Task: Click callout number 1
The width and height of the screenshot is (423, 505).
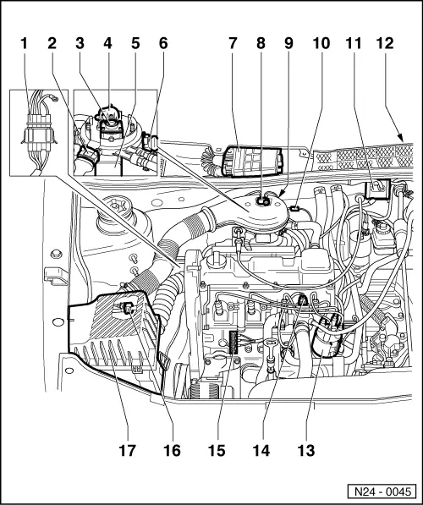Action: pos(24,43)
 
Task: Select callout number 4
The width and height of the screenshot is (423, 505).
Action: pos(107,43)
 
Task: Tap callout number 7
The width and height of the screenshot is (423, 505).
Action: pos(233,43)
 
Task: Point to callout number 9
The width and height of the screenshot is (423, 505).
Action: pos(288,43)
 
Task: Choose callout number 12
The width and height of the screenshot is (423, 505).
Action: pos(385,43)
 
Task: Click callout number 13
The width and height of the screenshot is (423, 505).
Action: pos(305,450)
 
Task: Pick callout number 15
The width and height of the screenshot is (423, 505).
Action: pos(217,450)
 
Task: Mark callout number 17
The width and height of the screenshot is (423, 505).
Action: pos(127,450)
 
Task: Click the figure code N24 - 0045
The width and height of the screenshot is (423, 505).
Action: pos(382,491)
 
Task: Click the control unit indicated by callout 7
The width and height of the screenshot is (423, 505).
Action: pos(253,161)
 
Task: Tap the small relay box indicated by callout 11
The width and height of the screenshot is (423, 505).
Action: pos(377,190)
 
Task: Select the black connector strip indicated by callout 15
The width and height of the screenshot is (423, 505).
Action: pos(233,343)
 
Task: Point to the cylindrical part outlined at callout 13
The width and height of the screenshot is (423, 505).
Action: pos(327,337)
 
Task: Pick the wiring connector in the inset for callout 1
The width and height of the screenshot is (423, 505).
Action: pos(38,135)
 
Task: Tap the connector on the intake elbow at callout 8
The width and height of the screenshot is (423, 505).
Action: pos(263,201)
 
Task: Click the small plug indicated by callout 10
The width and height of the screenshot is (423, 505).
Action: pos(294,208)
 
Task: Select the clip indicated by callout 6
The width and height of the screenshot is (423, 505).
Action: pos(150,142)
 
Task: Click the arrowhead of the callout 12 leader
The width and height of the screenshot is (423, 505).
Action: pos(401,138)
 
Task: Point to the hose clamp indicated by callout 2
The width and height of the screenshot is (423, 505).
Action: pos(88,155)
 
